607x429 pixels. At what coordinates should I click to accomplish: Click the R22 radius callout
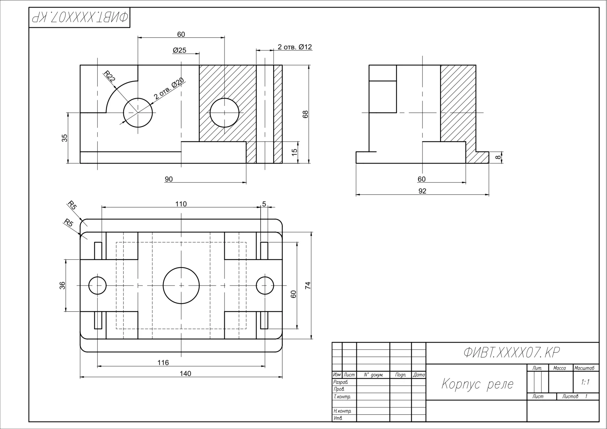(110, 77)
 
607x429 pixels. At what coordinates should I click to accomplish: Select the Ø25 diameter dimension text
(179, 50)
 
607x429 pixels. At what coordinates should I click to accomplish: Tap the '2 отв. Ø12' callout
(295, 47)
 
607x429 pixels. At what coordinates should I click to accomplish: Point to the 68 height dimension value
(306, 114)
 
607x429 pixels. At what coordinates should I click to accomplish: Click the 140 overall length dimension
(185, 374)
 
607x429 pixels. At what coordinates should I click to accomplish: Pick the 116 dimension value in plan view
(163, 363)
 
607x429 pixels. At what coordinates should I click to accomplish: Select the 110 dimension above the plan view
(181, 204)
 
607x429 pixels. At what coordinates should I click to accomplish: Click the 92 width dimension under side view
(422, 191)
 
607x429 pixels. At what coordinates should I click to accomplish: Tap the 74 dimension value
(308, 285)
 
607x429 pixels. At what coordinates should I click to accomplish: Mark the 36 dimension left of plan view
(62, 285)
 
